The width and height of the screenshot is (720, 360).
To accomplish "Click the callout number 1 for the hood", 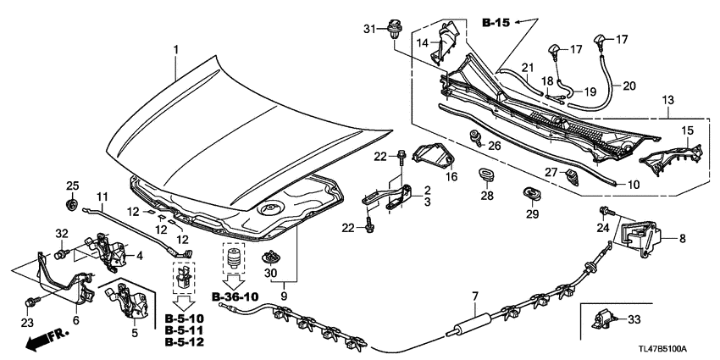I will coord(176,51).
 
